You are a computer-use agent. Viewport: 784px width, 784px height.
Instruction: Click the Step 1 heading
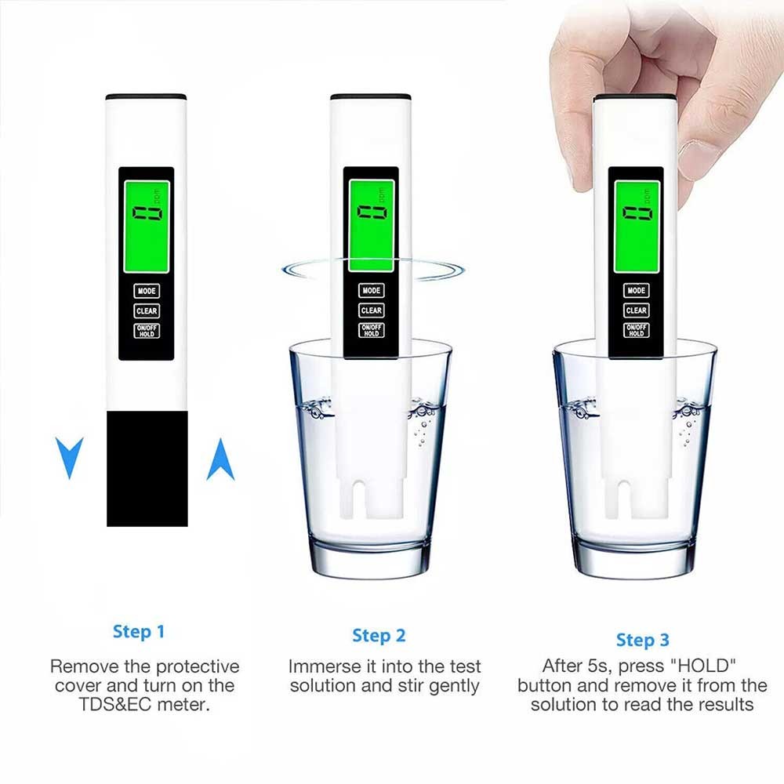(x=139, y=631)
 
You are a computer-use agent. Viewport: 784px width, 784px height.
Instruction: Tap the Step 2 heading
(x=379, y=636)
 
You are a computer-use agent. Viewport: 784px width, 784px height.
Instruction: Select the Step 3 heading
(x=643, y=640)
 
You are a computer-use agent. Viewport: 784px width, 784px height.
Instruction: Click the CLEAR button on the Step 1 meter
(x=147, y=310)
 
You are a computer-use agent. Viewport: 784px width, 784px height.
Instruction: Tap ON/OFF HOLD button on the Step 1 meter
(x=147, y=331)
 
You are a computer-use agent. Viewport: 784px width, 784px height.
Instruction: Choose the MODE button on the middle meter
(x=372, y=290)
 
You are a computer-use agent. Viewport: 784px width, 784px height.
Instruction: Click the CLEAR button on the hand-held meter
(x=637, y=310)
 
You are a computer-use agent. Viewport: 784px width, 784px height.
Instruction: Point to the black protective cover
(x=147, y=469)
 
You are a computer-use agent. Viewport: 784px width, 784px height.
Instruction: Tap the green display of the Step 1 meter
(x=147, y=227)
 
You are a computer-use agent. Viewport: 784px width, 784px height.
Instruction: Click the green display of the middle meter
(x=372, y=226)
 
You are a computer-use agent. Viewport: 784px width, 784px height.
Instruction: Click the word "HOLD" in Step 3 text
(x=703, y=666)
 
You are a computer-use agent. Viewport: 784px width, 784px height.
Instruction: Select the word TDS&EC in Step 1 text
(x=115, y=705)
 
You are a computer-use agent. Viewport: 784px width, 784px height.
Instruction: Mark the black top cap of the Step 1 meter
(x=146, y=97)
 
